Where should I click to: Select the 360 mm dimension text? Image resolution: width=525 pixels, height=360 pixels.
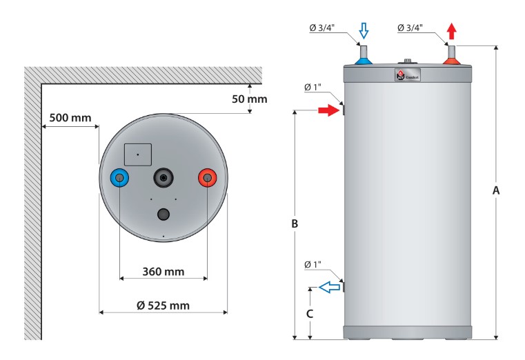[x=163, y=271]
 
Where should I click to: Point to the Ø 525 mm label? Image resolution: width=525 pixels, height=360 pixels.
[x=163, y=306]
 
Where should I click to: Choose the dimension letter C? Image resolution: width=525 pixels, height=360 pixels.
[x=310, y=313]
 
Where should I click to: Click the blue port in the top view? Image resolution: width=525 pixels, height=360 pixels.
[x=120, y=178]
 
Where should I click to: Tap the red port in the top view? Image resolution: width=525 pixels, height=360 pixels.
[x=207, y=178]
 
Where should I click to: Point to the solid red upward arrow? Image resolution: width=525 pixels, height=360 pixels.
[x=452, y=31]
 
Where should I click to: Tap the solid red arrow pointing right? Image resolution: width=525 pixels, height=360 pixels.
[x=328, y=110]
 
